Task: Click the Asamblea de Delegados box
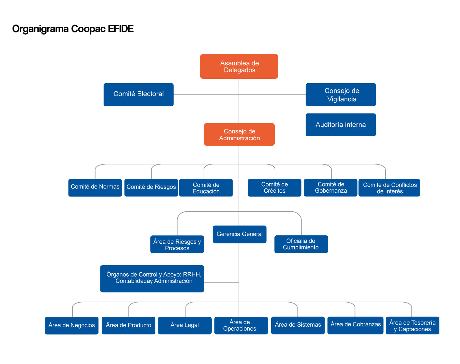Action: point(239,67)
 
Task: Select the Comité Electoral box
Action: point(138,95)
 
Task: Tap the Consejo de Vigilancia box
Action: point(341,95)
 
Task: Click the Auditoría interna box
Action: point(341,125)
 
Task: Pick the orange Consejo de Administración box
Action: point(239,134)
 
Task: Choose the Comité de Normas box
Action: point(95,187)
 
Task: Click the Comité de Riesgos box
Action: point(151,187)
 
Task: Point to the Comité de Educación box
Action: point(206,188)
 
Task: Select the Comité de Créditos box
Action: point(274,188)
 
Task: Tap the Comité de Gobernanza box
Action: point(331,188)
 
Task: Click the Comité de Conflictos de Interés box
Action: point(389,188)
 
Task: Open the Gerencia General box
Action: point(239,234)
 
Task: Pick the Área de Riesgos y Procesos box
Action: point(177,244)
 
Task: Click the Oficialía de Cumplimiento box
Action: point(301,244)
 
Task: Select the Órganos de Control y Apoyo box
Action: point(152,278)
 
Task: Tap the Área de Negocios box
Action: point(71,325)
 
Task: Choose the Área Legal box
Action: point(185,325)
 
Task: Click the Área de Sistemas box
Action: point(298,325)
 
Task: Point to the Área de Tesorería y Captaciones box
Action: point(412,325)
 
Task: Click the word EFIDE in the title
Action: point(121,29)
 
